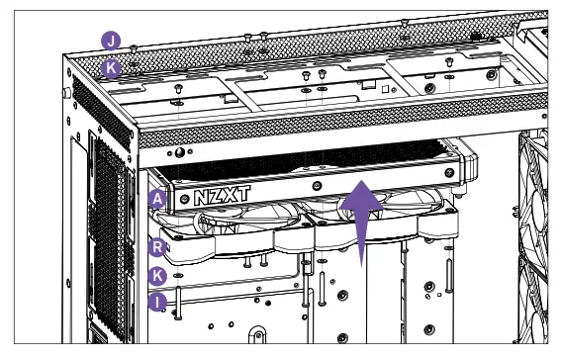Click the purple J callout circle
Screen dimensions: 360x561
pyautogui.click(x=112, y=42)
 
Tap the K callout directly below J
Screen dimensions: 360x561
pyautogui.click(x=112, y=68)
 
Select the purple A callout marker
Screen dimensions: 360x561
pyautogui.click(x=156, y=199)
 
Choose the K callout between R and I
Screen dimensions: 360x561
pyautogui.click(x=156, y=275)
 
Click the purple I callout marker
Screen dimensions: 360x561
pyautogui.click(x=156, y=302)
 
